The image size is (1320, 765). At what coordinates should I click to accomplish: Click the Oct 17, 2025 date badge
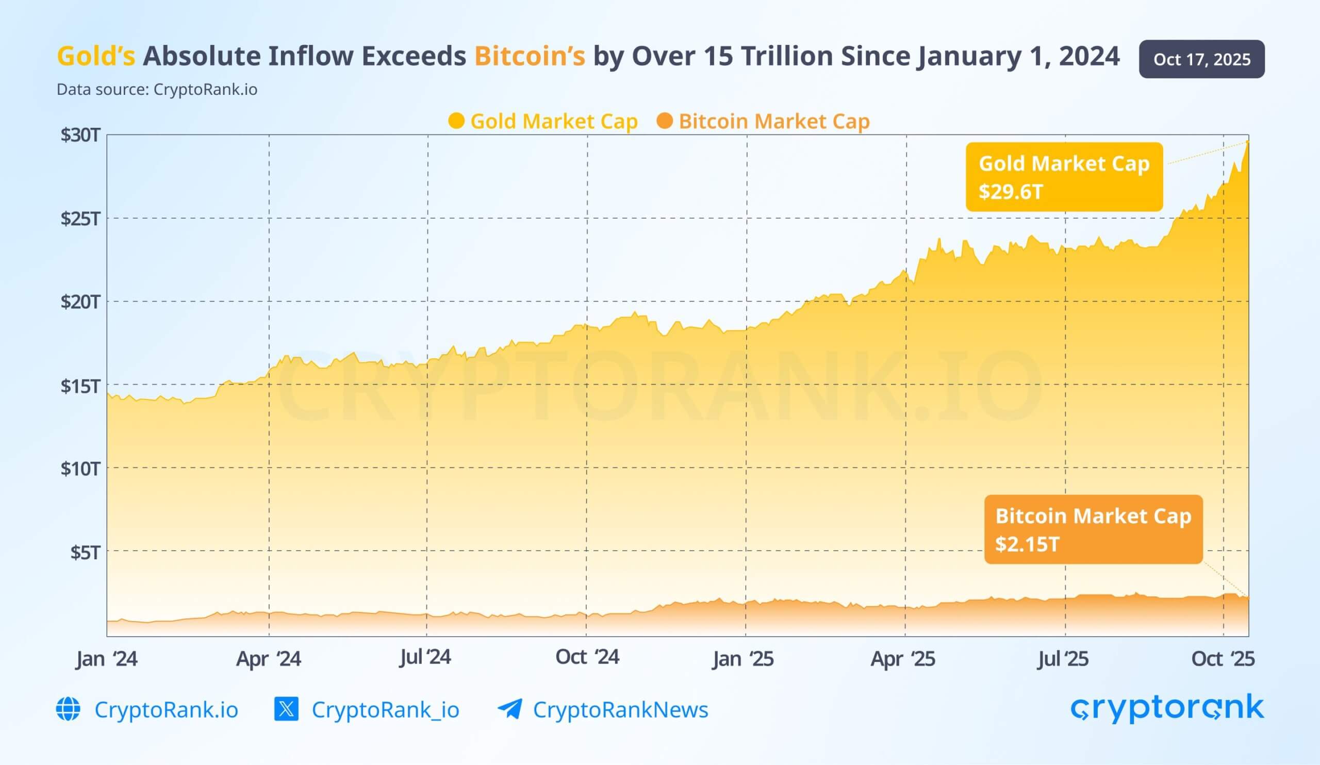coord(1201,59)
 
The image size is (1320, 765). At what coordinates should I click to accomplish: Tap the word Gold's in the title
coord(96,56)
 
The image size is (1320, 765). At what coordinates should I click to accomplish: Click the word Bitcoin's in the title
coord(530,56)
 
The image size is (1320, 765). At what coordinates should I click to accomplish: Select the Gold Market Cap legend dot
coord(456,121)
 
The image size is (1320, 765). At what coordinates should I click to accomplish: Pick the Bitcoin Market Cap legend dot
coord(664,121)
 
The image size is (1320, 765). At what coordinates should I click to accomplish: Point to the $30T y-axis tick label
coord(80,135)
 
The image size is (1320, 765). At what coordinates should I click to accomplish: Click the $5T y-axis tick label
coord(85,552)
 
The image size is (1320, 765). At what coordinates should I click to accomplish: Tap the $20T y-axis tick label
coord(80,302)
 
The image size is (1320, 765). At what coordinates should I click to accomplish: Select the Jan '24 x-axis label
coord(106,658)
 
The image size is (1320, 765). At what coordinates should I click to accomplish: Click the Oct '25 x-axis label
coord(1223,658)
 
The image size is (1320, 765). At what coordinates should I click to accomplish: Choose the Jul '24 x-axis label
coord(425,657)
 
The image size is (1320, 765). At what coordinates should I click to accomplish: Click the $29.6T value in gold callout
coord(1011,192)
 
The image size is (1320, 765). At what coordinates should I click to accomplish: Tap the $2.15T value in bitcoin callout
coord(1027,544)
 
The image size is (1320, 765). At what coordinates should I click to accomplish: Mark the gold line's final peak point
coord(1248,142)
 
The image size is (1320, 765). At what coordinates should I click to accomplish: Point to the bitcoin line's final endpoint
coord(1248,597)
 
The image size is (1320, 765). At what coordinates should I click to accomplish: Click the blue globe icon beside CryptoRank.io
coord(68,709)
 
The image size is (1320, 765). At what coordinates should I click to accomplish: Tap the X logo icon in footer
coord(287,709)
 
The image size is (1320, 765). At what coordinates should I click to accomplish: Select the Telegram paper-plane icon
coord(509,709)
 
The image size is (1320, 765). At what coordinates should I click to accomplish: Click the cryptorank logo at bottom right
coord(1167,708)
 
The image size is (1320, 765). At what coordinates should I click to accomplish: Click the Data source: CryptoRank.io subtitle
coord(157,90)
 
